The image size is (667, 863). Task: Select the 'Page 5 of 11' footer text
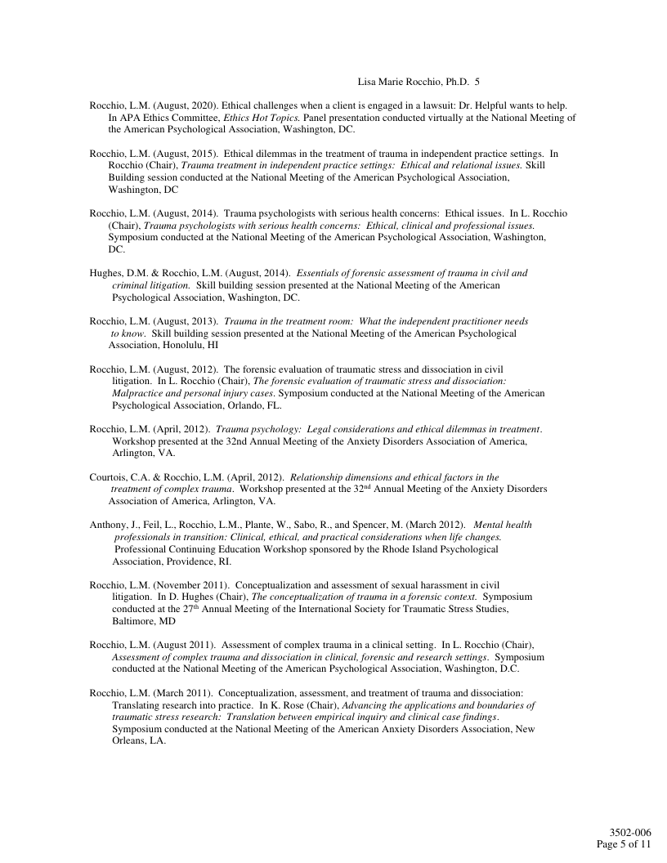pos(624,844)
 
